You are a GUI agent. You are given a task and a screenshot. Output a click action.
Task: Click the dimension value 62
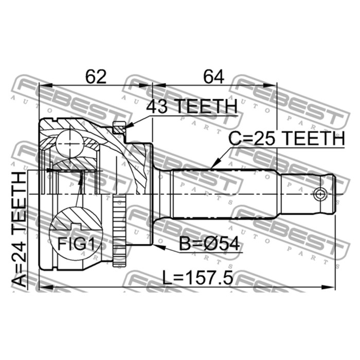pos(96,77)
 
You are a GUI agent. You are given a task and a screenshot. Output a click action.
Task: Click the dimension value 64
pos(214,77)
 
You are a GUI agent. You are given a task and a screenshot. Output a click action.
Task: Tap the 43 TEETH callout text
pos(192,106)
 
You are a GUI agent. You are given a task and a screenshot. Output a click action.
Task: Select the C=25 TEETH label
pos(286,138)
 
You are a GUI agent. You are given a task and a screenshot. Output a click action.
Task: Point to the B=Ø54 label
pos(209,244)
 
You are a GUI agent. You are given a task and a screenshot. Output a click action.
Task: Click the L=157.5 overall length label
pos(197,277)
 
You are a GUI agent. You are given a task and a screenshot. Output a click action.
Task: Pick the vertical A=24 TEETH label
pos(20,230)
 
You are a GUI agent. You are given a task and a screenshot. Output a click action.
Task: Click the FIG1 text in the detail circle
pos(76,244)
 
